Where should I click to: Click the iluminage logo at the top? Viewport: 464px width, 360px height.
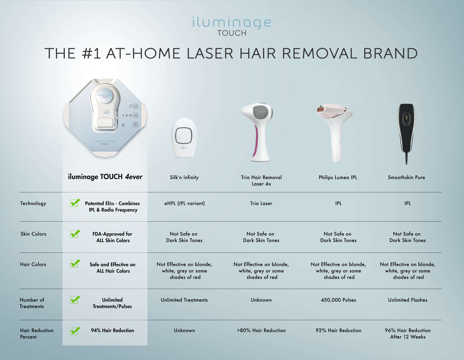232,26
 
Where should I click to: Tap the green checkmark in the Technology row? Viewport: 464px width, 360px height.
75,203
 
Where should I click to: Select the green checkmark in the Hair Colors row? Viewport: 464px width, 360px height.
75,264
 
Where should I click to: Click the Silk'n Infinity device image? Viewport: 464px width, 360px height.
184,138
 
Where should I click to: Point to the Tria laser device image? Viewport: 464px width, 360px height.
257,132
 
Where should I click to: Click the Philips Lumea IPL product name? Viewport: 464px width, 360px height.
338,177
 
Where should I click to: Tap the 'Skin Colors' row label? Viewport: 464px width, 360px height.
33,234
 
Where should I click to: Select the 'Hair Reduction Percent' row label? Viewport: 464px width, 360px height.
37,334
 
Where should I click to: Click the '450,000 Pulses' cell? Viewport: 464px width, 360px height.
338,300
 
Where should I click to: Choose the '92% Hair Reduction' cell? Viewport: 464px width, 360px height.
338,330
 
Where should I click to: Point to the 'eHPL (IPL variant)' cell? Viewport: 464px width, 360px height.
185,203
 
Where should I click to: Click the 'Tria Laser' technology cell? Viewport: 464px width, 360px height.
261,203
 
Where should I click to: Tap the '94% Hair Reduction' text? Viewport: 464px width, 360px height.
112,330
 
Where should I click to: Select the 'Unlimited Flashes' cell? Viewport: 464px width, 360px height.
408,300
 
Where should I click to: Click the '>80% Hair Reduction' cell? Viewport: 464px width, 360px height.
261,330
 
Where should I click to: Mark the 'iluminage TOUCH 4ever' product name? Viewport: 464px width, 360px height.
105,177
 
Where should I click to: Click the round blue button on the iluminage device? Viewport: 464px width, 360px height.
105,96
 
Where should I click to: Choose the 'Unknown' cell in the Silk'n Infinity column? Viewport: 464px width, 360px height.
184,330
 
